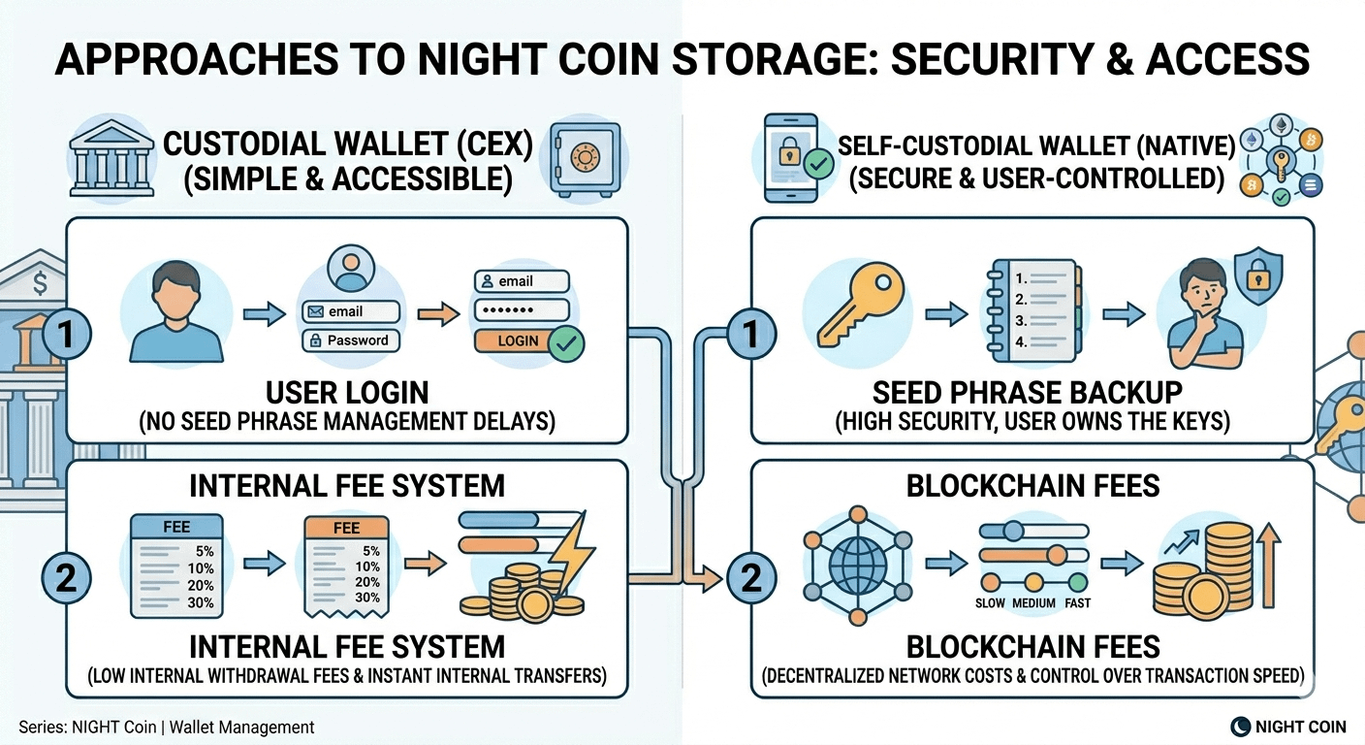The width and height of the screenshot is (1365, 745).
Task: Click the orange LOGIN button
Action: coord(517,340)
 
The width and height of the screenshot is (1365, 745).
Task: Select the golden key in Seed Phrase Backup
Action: coord(852,303)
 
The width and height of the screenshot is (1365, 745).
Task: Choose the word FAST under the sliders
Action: coord(1077,603)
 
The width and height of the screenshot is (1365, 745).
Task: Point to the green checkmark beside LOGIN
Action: coord(565,342)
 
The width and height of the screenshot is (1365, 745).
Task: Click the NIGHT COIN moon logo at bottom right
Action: coord(1240,726)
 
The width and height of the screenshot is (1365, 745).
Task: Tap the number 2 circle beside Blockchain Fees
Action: coord(748,578)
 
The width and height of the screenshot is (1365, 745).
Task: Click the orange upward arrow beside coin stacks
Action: coord(1268,567)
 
